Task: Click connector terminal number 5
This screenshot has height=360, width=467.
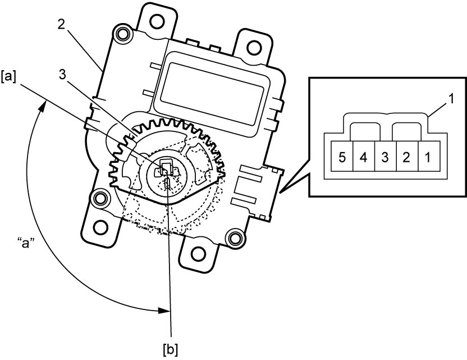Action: tap(342, 157)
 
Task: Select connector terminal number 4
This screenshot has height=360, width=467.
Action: tap(364, 157)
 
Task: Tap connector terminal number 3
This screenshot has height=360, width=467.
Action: tap(386, 157)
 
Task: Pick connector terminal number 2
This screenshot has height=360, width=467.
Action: tap(407, 157)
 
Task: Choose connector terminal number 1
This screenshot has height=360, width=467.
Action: tap(429, 157)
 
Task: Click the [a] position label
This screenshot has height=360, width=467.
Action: tap(8, 77)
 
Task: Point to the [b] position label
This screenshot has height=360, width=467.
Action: tap(171, 349)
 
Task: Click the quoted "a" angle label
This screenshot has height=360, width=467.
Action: tap(26, 244)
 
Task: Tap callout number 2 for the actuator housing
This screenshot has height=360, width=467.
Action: tap(61, 25)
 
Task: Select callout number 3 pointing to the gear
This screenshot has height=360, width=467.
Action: tap(62, 75)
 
